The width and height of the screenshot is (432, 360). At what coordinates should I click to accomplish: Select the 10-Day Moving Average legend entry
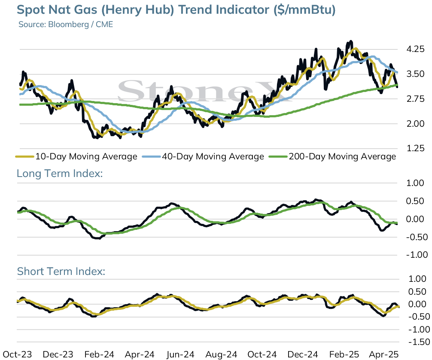pos(76,156)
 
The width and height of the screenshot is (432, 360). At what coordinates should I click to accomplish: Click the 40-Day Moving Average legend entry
pos(203,156)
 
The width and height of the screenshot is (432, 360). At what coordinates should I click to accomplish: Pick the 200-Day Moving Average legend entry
pos(332,156)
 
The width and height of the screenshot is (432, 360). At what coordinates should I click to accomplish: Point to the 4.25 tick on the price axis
pos(416,49)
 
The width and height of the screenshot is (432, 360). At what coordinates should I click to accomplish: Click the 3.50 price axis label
pos(416,74)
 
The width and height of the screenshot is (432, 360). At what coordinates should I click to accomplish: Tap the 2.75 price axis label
pos(416,99)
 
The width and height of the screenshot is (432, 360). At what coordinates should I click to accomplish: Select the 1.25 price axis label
pos(416,148)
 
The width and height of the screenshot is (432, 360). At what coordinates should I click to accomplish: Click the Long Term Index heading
pos(60,174)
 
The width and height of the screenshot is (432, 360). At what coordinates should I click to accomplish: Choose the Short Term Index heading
pos(61,271)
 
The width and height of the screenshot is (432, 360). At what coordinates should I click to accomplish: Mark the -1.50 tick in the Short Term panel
pos(419,342)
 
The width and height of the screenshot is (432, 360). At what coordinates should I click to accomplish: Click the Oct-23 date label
pos(17,354)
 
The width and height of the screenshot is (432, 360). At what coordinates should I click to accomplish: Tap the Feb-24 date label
pos(99,354)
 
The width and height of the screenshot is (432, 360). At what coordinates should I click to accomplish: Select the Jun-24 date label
pos(180,354)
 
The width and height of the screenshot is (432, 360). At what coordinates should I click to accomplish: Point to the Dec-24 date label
pos(303,354)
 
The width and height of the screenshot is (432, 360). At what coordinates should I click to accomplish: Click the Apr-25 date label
pos(384,354)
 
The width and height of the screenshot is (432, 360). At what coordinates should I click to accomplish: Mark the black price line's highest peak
pos(351,42)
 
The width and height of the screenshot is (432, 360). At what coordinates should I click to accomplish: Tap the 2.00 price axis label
pos(416,124)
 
